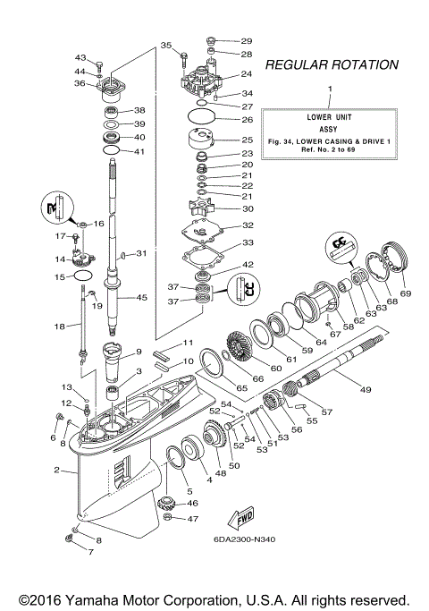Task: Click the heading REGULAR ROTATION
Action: click(x=332, y=65)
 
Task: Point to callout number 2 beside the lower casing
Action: click(x=57, y=471)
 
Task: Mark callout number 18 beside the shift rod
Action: click(x=60, y=327)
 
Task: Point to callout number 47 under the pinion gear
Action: click(x=191, y=520)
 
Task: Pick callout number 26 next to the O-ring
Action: click(x=247, y=120)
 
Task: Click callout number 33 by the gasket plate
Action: click(x=247, y=242)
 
